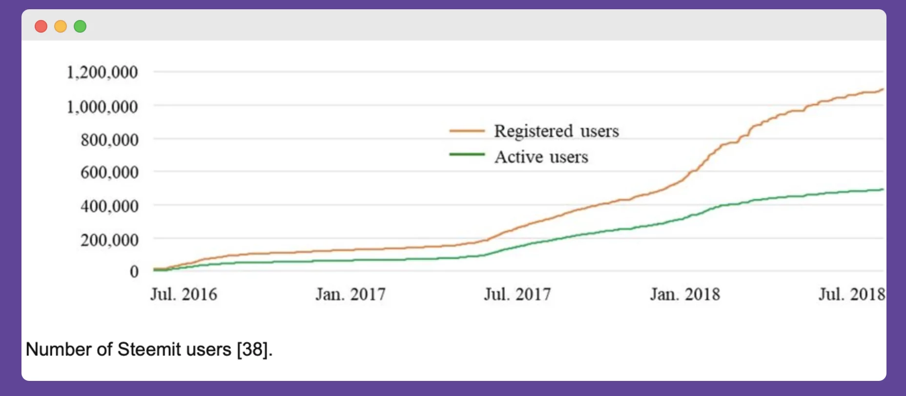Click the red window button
pyautogui.click(x=41, y=26)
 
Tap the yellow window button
pyautogui.click(x=61, y=26)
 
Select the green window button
pyautogui.click(x=80, y=26)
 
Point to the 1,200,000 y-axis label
pyautogui.click(x=102, y=73)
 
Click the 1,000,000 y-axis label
pyautogui.click(x=102, y=107)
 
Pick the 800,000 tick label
pyautogui.click(x=109, y=140)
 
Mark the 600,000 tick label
pyautogui.click(x=109, y=173)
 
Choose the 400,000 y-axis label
pyautogui.click(x=109, y=206)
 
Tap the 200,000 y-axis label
pyautogui.click(x=109, y=240)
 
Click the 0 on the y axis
pyautogui.click(x=134, y=272)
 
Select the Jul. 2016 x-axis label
pyautogui.click(x=184, y=295)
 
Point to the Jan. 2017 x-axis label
pyautogui.click(x=350, y=295)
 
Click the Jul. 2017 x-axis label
pyautogui.click(x=517, y=295)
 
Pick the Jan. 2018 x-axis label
pyautogui.click(x=685, y=295)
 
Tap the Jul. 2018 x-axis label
pyautogui.click(x=851, y=295)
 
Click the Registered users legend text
pyautogui.click(x=556, y=131)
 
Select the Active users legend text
pyautogui.click(x=541, y=157)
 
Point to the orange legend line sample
pyautogui.click(x=467, y=131)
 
